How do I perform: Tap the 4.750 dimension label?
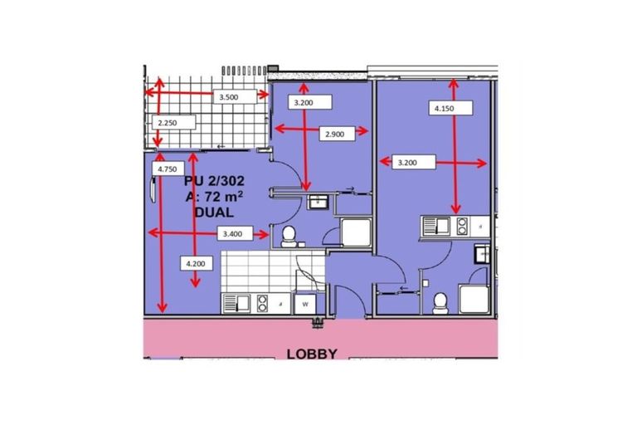click(x=171, y=169)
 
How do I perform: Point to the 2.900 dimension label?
click(x=336, y=133)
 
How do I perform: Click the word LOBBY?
click(x=312, y=354)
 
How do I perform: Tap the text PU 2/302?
click(x=217, y=180)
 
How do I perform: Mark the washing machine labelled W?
click(x=306, y=304)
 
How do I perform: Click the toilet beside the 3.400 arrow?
click(x=289, y=237)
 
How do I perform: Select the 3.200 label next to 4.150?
click(x=407, y=163)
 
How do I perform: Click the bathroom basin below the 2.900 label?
click(x=317, y=202)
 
